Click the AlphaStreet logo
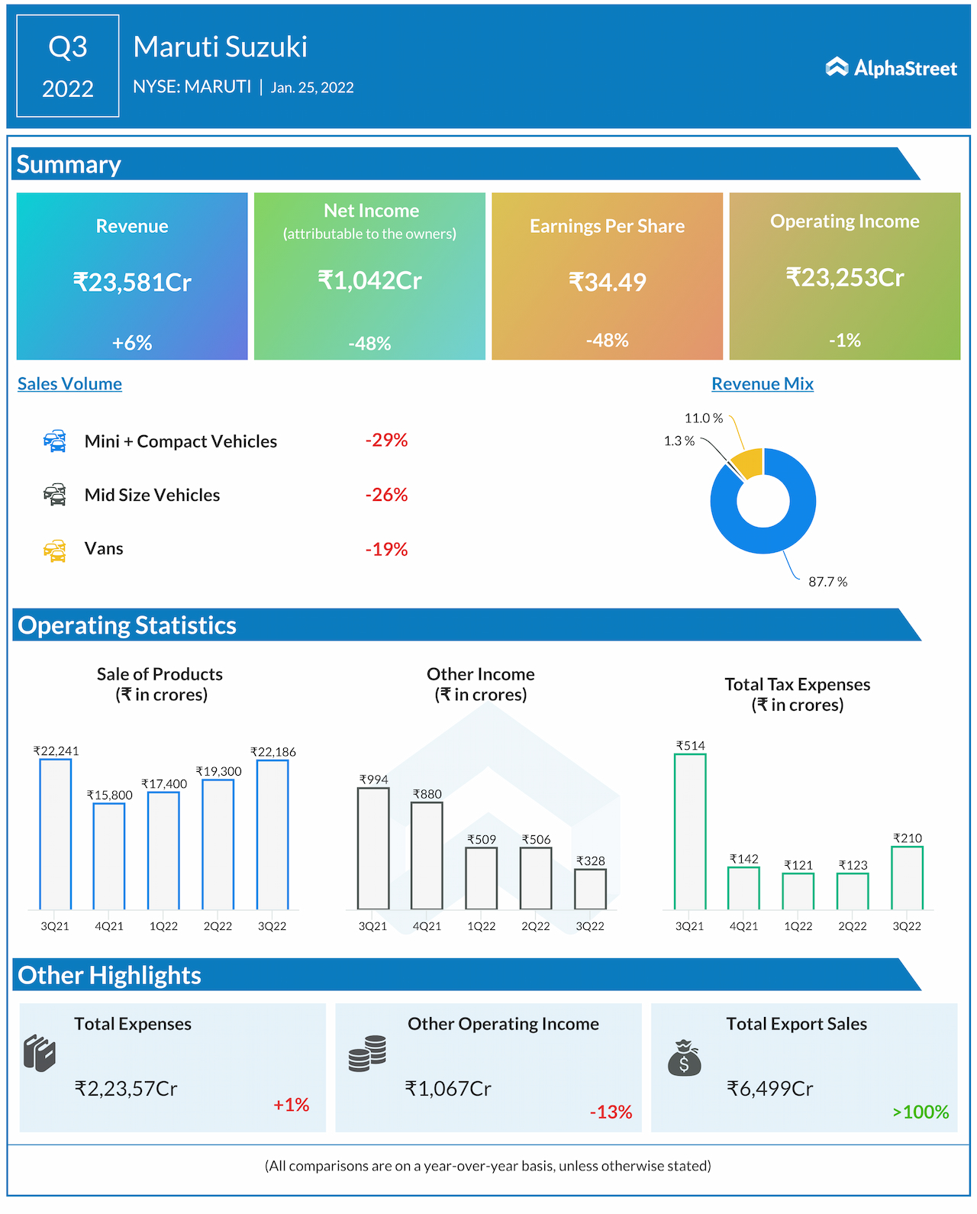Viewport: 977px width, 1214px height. (x=891, y=68)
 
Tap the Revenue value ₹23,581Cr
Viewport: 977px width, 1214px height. (x=132, y=283)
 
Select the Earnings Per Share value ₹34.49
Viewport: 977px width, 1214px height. (x=607, y=283)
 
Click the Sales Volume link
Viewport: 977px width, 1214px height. (x=69, y=384)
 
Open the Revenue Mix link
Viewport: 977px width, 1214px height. (x=762, y=384)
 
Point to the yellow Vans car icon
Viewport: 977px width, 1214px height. (x=55, y=550)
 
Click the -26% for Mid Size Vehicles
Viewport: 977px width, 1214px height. (x=386, y=495)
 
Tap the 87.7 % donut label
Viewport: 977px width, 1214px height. (x=827, y=582)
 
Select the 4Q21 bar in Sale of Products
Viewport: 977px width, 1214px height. (x=109, y=856)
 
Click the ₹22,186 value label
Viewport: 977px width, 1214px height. (x=272, y=752)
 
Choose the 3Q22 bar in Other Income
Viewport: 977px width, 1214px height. (x=590, y=889)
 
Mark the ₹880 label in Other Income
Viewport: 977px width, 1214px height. (x=427, y=794)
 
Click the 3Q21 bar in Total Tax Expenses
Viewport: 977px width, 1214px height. (x=690, y=831)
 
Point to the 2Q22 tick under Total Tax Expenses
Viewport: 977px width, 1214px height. (x=853, y=926)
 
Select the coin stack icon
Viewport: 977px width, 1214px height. (x=367, y=1054)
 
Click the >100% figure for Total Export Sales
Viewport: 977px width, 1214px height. (x=921, y=1112)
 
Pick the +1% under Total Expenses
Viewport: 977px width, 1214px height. (x=291, y=1105)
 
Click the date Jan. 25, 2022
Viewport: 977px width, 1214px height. (x=312, y=88)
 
